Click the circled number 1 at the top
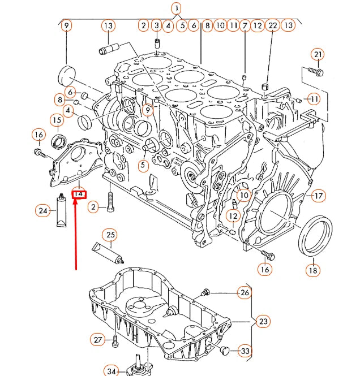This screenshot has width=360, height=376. click(x=177, y=8)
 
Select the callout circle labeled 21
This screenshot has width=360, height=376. click(x=318, y=55)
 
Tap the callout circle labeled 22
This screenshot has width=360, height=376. click(x=272, y=25)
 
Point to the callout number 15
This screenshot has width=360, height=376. click(x=57, y=120)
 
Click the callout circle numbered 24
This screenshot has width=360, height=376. click(x=43, y=211)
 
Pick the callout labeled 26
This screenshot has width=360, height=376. click(x=244, y=292)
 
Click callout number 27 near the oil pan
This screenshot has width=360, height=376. click(x=98, y=339)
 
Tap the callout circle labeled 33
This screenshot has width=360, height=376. click(x=245, y=351)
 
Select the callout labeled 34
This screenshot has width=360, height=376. click(x=112, y=371)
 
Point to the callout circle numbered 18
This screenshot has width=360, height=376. click(x=312, y=270)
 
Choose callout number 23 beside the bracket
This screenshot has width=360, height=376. click(x=263, y=322)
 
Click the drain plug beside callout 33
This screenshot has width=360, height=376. click(x=225, y=352)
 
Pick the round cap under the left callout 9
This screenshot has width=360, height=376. click(x=67, y=75)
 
